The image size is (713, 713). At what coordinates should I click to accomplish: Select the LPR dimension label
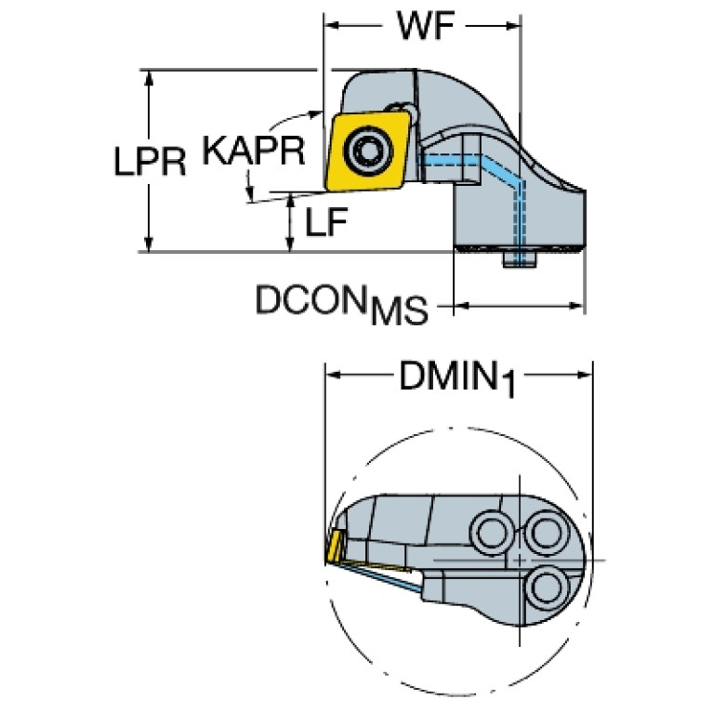pyautogui.click(x=152, y=163)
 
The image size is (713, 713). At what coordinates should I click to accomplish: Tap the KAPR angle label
pyautogui.click(x=254, y=151)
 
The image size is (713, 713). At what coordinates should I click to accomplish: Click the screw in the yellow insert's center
pyautogui.click(x=369, y=149)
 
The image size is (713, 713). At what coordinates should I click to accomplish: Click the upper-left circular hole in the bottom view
pyautogui.click(x=491, y=533)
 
